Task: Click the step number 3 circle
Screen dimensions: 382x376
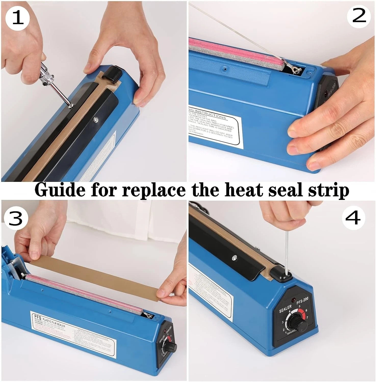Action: [x=16, y=217]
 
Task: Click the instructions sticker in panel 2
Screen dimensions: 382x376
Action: [x=214, y=128]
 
